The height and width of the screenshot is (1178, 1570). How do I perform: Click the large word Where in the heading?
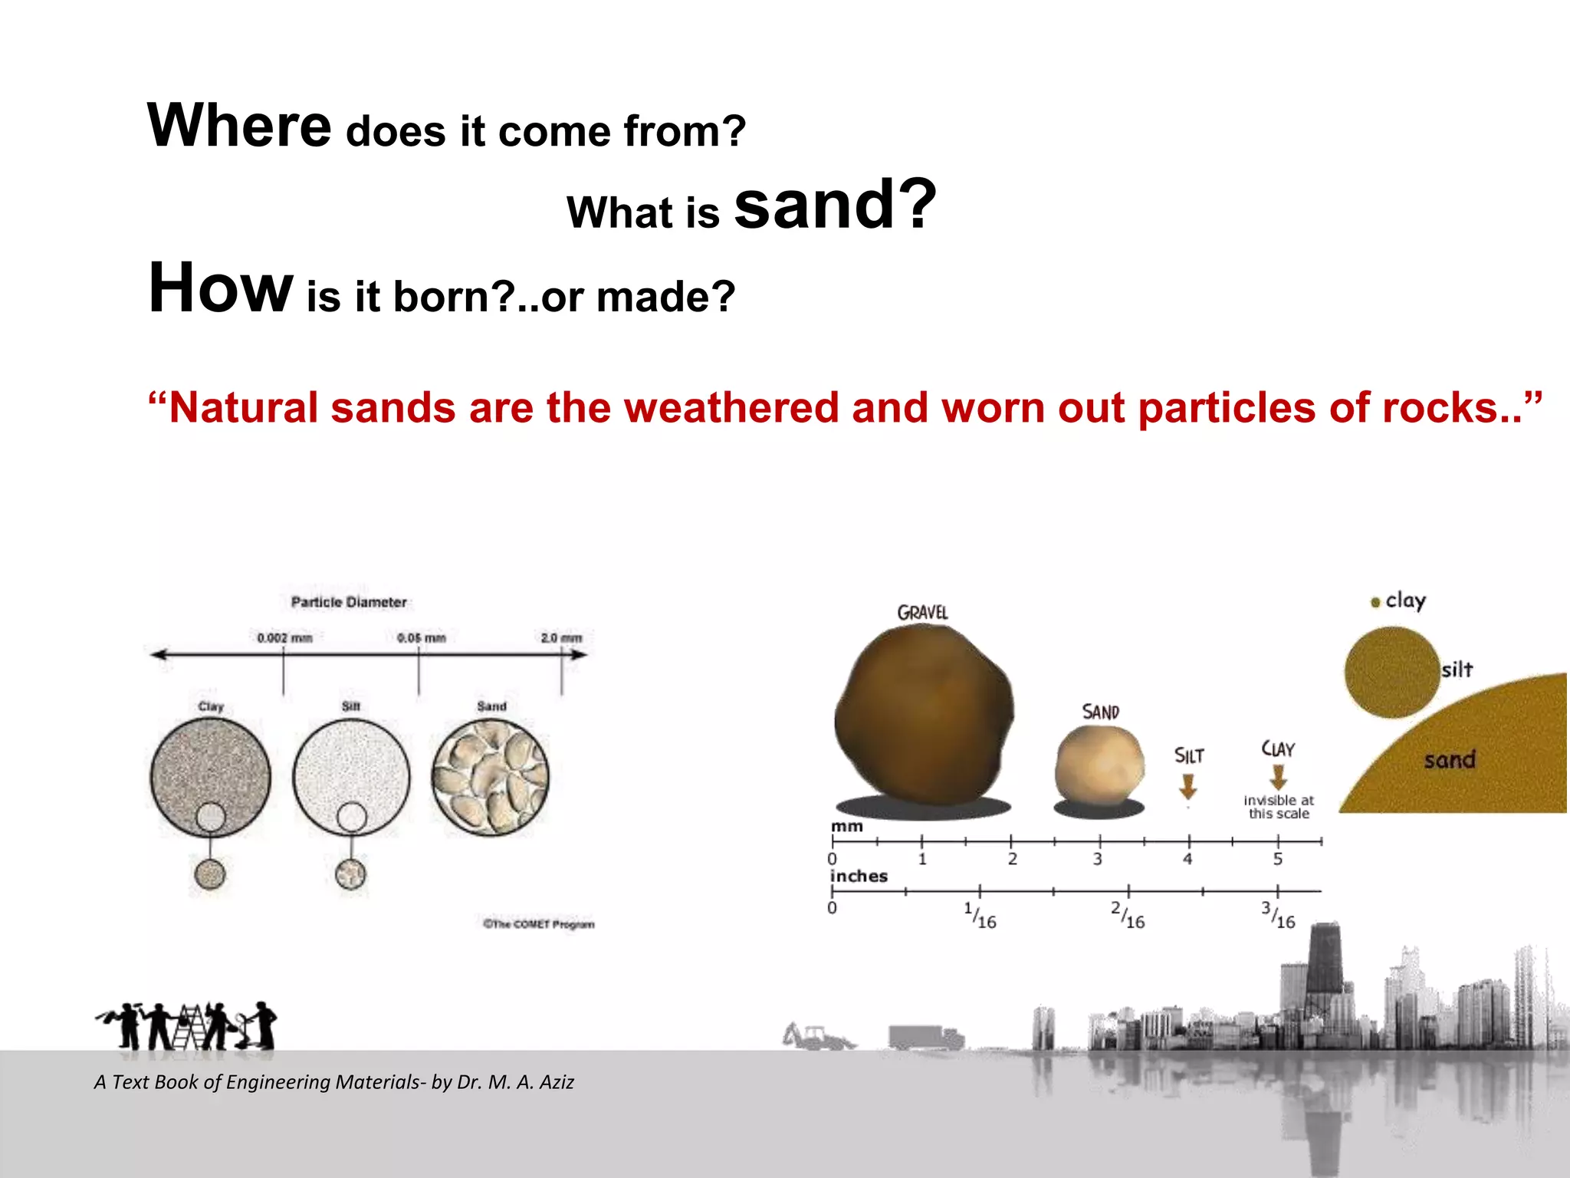click(x=239, y=126)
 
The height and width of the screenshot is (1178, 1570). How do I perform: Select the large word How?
click(x=220, y=288)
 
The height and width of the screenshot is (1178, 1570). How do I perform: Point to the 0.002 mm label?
click(x=284, y=638)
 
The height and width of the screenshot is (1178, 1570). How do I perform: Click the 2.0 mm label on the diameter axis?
click(x=561, y=638)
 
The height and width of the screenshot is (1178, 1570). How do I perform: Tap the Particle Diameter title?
click(x=349, y=603)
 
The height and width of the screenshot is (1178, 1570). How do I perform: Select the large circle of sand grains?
click(x=491, y=777)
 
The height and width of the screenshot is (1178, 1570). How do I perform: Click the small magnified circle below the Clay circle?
click(x=210, y=874)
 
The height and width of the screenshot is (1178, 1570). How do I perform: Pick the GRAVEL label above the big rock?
click(x=922, y=613)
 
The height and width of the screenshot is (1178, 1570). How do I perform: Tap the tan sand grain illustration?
click(x=1099, y=765)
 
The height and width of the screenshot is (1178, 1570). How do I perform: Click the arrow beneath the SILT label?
click(x=1187, y=786)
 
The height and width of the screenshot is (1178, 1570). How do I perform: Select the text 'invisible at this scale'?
click(x=1278, y=807)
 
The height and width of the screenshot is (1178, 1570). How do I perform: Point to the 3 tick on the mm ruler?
click(x=1098, y=857)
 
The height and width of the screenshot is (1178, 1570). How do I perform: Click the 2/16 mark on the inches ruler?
click(x=1128, y=914)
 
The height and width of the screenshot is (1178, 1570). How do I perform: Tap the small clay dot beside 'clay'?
click(x=1375, y=603)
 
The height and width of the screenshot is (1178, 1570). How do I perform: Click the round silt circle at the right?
click(x=1391, y=672)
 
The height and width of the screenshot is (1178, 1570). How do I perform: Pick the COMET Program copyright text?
click(x=538, y=924)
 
